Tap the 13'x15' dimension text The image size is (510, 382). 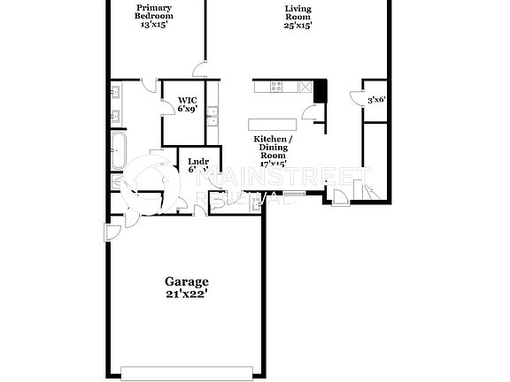point(153,24)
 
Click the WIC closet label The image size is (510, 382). point(187,100)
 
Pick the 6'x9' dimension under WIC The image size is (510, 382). point(187,110)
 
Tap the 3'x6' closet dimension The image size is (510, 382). point(376,100)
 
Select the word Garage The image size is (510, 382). point(187,282)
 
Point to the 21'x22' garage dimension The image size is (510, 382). point(187,294)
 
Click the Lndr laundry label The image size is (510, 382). point(198,161)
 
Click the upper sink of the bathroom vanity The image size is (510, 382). point(116,92)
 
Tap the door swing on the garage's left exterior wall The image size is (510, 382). point(111,233)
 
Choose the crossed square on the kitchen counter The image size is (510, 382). point(306,87)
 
